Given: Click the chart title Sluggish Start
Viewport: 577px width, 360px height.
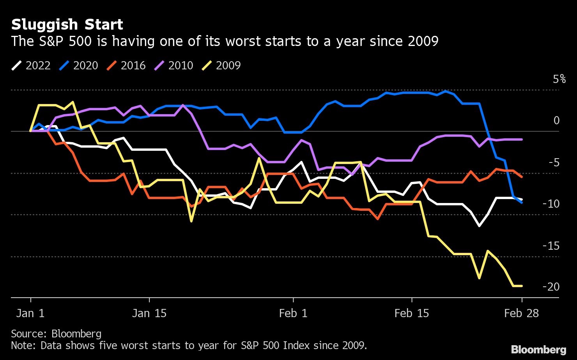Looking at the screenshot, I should click(67, 25).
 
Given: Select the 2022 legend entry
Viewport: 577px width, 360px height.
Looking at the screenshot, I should click(31, 65).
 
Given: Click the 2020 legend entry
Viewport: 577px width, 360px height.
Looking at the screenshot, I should click(79, 65).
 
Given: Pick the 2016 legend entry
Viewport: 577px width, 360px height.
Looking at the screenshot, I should click(126, 65).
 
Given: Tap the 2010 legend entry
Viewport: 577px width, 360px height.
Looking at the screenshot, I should click(174, 65).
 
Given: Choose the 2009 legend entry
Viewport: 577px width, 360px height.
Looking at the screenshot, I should click(221, 65).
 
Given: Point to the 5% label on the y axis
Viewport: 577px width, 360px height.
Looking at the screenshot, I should click(559, 79).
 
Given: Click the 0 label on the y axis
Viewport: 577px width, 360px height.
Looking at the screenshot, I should click(556, 121).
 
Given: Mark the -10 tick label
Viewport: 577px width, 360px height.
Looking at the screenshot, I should click(551, 204).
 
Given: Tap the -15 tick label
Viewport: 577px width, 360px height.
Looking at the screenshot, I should click(551, 246).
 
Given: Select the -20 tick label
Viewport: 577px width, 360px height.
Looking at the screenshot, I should click(551, 287).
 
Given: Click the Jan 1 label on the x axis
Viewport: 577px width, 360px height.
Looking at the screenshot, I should click(30, 313).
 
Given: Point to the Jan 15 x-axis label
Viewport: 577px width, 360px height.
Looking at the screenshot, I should click(149, 313).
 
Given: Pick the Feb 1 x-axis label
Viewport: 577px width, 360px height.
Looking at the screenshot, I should click(293, 313).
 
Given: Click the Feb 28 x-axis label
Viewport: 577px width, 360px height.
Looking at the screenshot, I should click(521, 313).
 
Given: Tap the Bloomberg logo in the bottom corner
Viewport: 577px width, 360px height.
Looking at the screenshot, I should click(539, 349).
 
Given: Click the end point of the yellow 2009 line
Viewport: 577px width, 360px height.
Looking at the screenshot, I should click(522, 286).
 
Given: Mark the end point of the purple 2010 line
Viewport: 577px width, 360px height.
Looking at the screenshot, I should click(522, 139).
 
